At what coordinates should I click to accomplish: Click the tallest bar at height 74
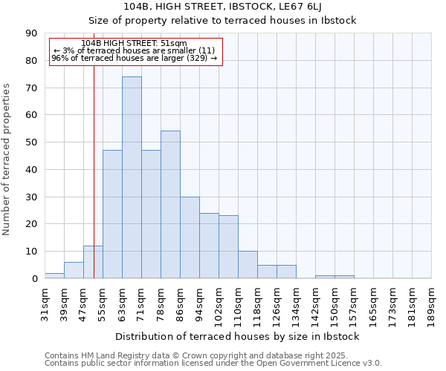(132, 178)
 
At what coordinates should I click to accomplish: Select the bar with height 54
(170, 205)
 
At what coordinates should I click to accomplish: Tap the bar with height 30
(190, 237)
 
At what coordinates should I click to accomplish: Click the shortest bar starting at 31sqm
(54, 275)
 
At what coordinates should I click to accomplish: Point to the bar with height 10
(248, 265)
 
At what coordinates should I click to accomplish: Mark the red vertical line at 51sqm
(94, 185)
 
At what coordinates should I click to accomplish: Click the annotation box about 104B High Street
(135, 51)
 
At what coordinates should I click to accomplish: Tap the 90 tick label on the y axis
(31, 33)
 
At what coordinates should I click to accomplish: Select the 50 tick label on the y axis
(31, 142)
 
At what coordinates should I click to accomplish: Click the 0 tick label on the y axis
(34, 278)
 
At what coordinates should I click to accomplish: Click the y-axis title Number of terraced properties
(7, 160)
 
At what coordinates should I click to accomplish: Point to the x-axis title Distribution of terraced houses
(238, 336)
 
